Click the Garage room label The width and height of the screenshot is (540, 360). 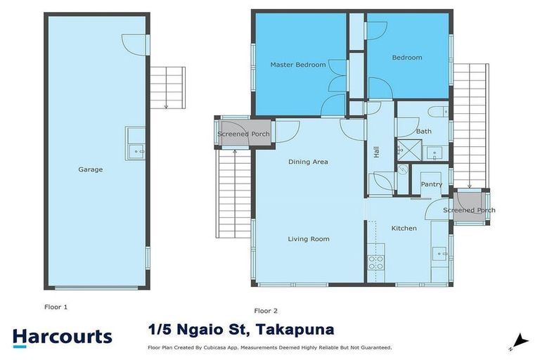tap(91, 169)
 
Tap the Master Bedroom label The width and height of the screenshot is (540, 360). tap(298, 65)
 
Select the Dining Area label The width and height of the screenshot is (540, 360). tap(308, 162)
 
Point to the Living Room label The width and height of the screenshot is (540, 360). tap(308, 239)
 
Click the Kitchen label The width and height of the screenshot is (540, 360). tap(404, 228)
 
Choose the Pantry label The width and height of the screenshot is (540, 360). tap(431, 184)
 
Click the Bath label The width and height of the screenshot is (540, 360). tap(423, 131)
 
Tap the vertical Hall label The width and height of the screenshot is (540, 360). tap(376, 151)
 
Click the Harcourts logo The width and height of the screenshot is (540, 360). tap(62, 336)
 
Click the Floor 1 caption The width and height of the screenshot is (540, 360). tap(56, 307)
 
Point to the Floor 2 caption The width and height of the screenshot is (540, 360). tap(266, 310)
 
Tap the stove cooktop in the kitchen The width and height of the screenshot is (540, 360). tap(375, 262)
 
